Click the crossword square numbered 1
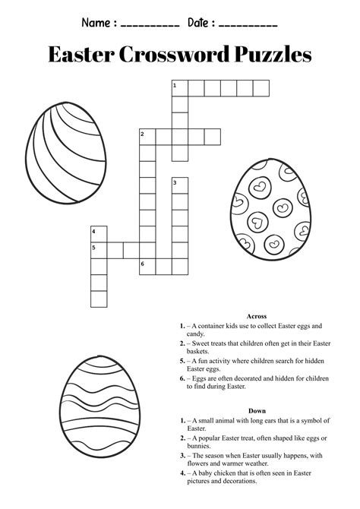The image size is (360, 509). (x=179, y=89)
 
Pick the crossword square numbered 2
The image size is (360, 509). (x=147, y=137)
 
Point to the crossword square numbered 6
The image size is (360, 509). (x=147, y=265)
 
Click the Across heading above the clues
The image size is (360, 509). (x=256, y=315)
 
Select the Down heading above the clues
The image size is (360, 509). (x=256, y=411)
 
